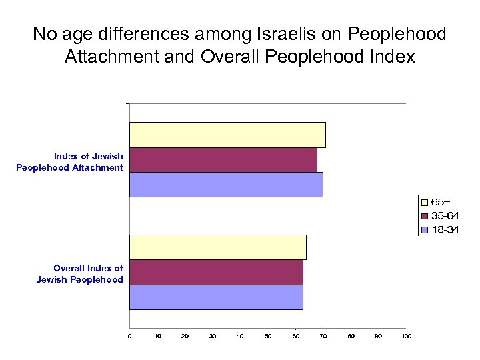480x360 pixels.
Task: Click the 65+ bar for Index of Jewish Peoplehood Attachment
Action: [227, 135]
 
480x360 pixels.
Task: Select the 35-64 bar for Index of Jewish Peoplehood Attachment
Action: [223, 160]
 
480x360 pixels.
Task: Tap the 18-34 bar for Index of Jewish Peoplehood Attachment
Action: [226, 185]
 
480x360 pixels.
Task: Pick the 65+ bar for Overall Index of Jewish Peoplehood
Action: [218, 247]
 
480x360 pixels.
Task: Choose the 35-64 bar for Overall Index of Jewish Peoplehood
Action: [216, 272]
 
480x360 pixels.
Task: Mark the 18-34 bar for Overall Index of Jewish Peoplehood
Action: [216, 297]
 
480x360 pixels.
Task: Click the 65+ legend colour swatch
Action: [423, 201]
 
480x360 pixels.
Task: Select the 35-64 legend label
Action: [445, 215]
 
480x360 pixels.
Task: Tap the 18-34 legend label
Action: [445, 230]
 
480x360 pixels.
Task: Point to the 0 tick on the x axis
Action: [129, 337]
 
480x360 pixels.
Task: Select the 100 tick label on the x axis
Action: [405, 337]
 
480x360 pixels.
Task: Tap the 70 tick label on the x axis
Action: [323, 337]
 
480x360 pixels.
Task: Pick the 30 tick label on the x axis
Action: [212, 337]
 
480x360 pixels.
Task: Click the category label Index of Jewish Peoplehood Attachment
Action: [70, 162]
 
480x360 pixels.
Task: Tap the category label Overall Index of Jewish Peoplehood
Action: [80, 274]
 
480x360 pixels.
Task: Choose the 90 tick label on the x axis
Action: [378, 337]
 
